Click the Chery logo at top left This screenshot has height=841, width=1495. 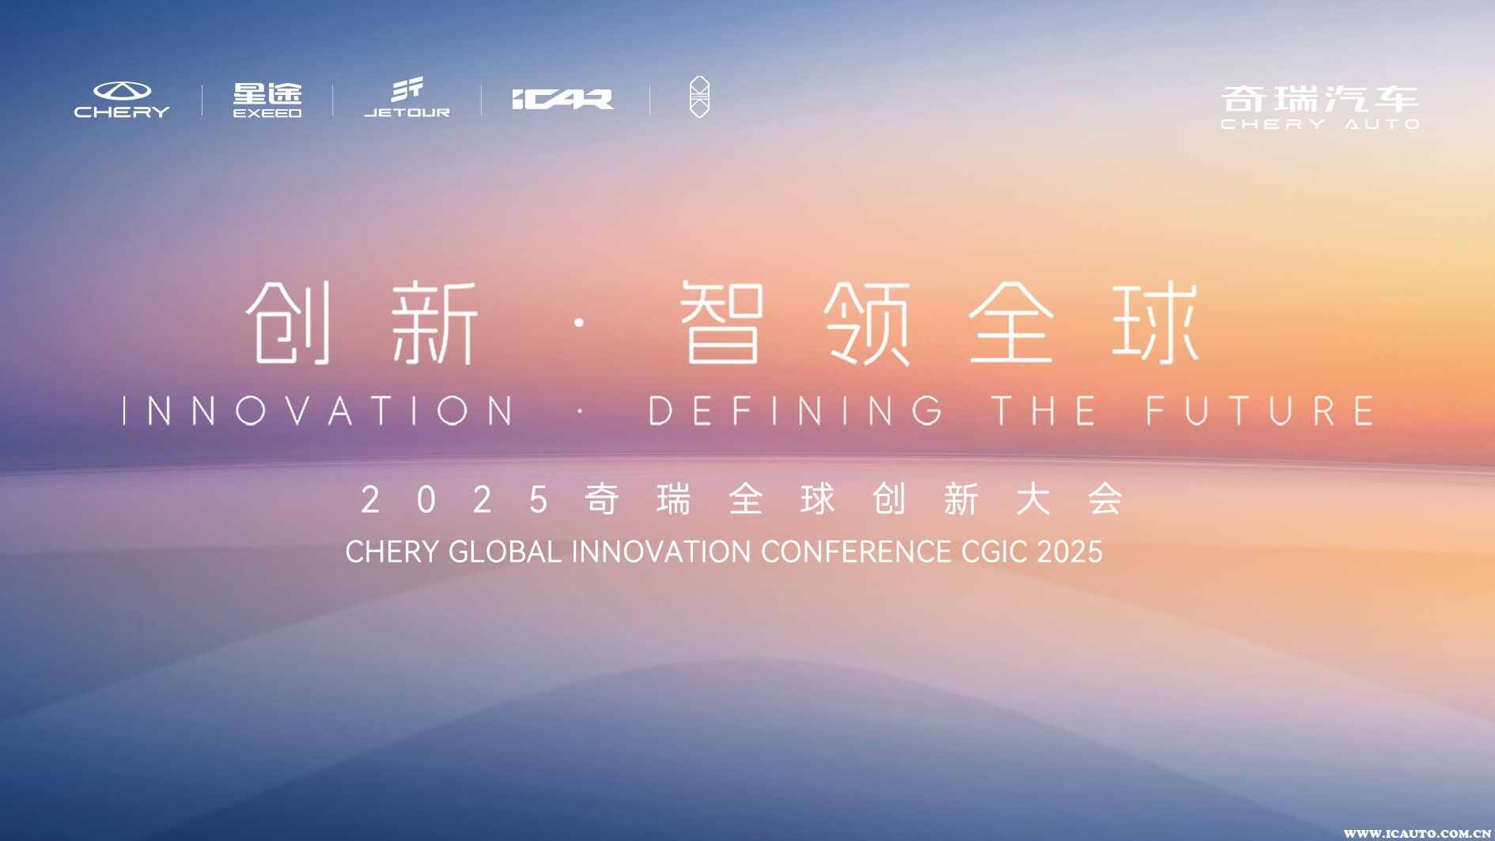click(122, 100)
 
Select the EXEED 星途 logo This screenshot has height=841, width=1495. click(267, 100)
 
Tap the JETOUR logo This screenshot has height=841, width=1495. click(407, 98)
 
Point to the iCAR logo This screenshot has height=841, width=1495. click(562, 99)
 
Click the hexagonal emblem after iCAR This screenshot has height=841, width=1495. click(699, 97)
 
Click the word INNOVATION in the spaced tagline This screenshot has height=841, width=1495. click(319, 411)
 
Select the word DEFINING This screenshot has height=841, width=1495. click(796, 411)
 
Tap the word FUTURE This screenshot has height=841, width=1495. click(1260, 411)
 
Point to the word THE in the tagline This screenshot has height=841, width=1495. click(1044, 411)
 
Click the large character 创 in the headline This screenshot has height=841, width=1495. click(288, 323)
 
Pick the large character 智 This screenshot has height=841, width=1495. click(722, 323)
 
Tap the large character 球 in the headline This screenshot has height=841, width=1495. click(1156, 323)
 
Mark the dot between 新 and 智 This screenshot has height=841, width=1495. click(580, 323)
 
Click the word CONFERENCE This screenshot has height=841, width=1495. click(856, 551)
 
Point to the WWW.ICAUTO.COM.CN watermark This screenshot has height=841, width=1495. click(1418, 833)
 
